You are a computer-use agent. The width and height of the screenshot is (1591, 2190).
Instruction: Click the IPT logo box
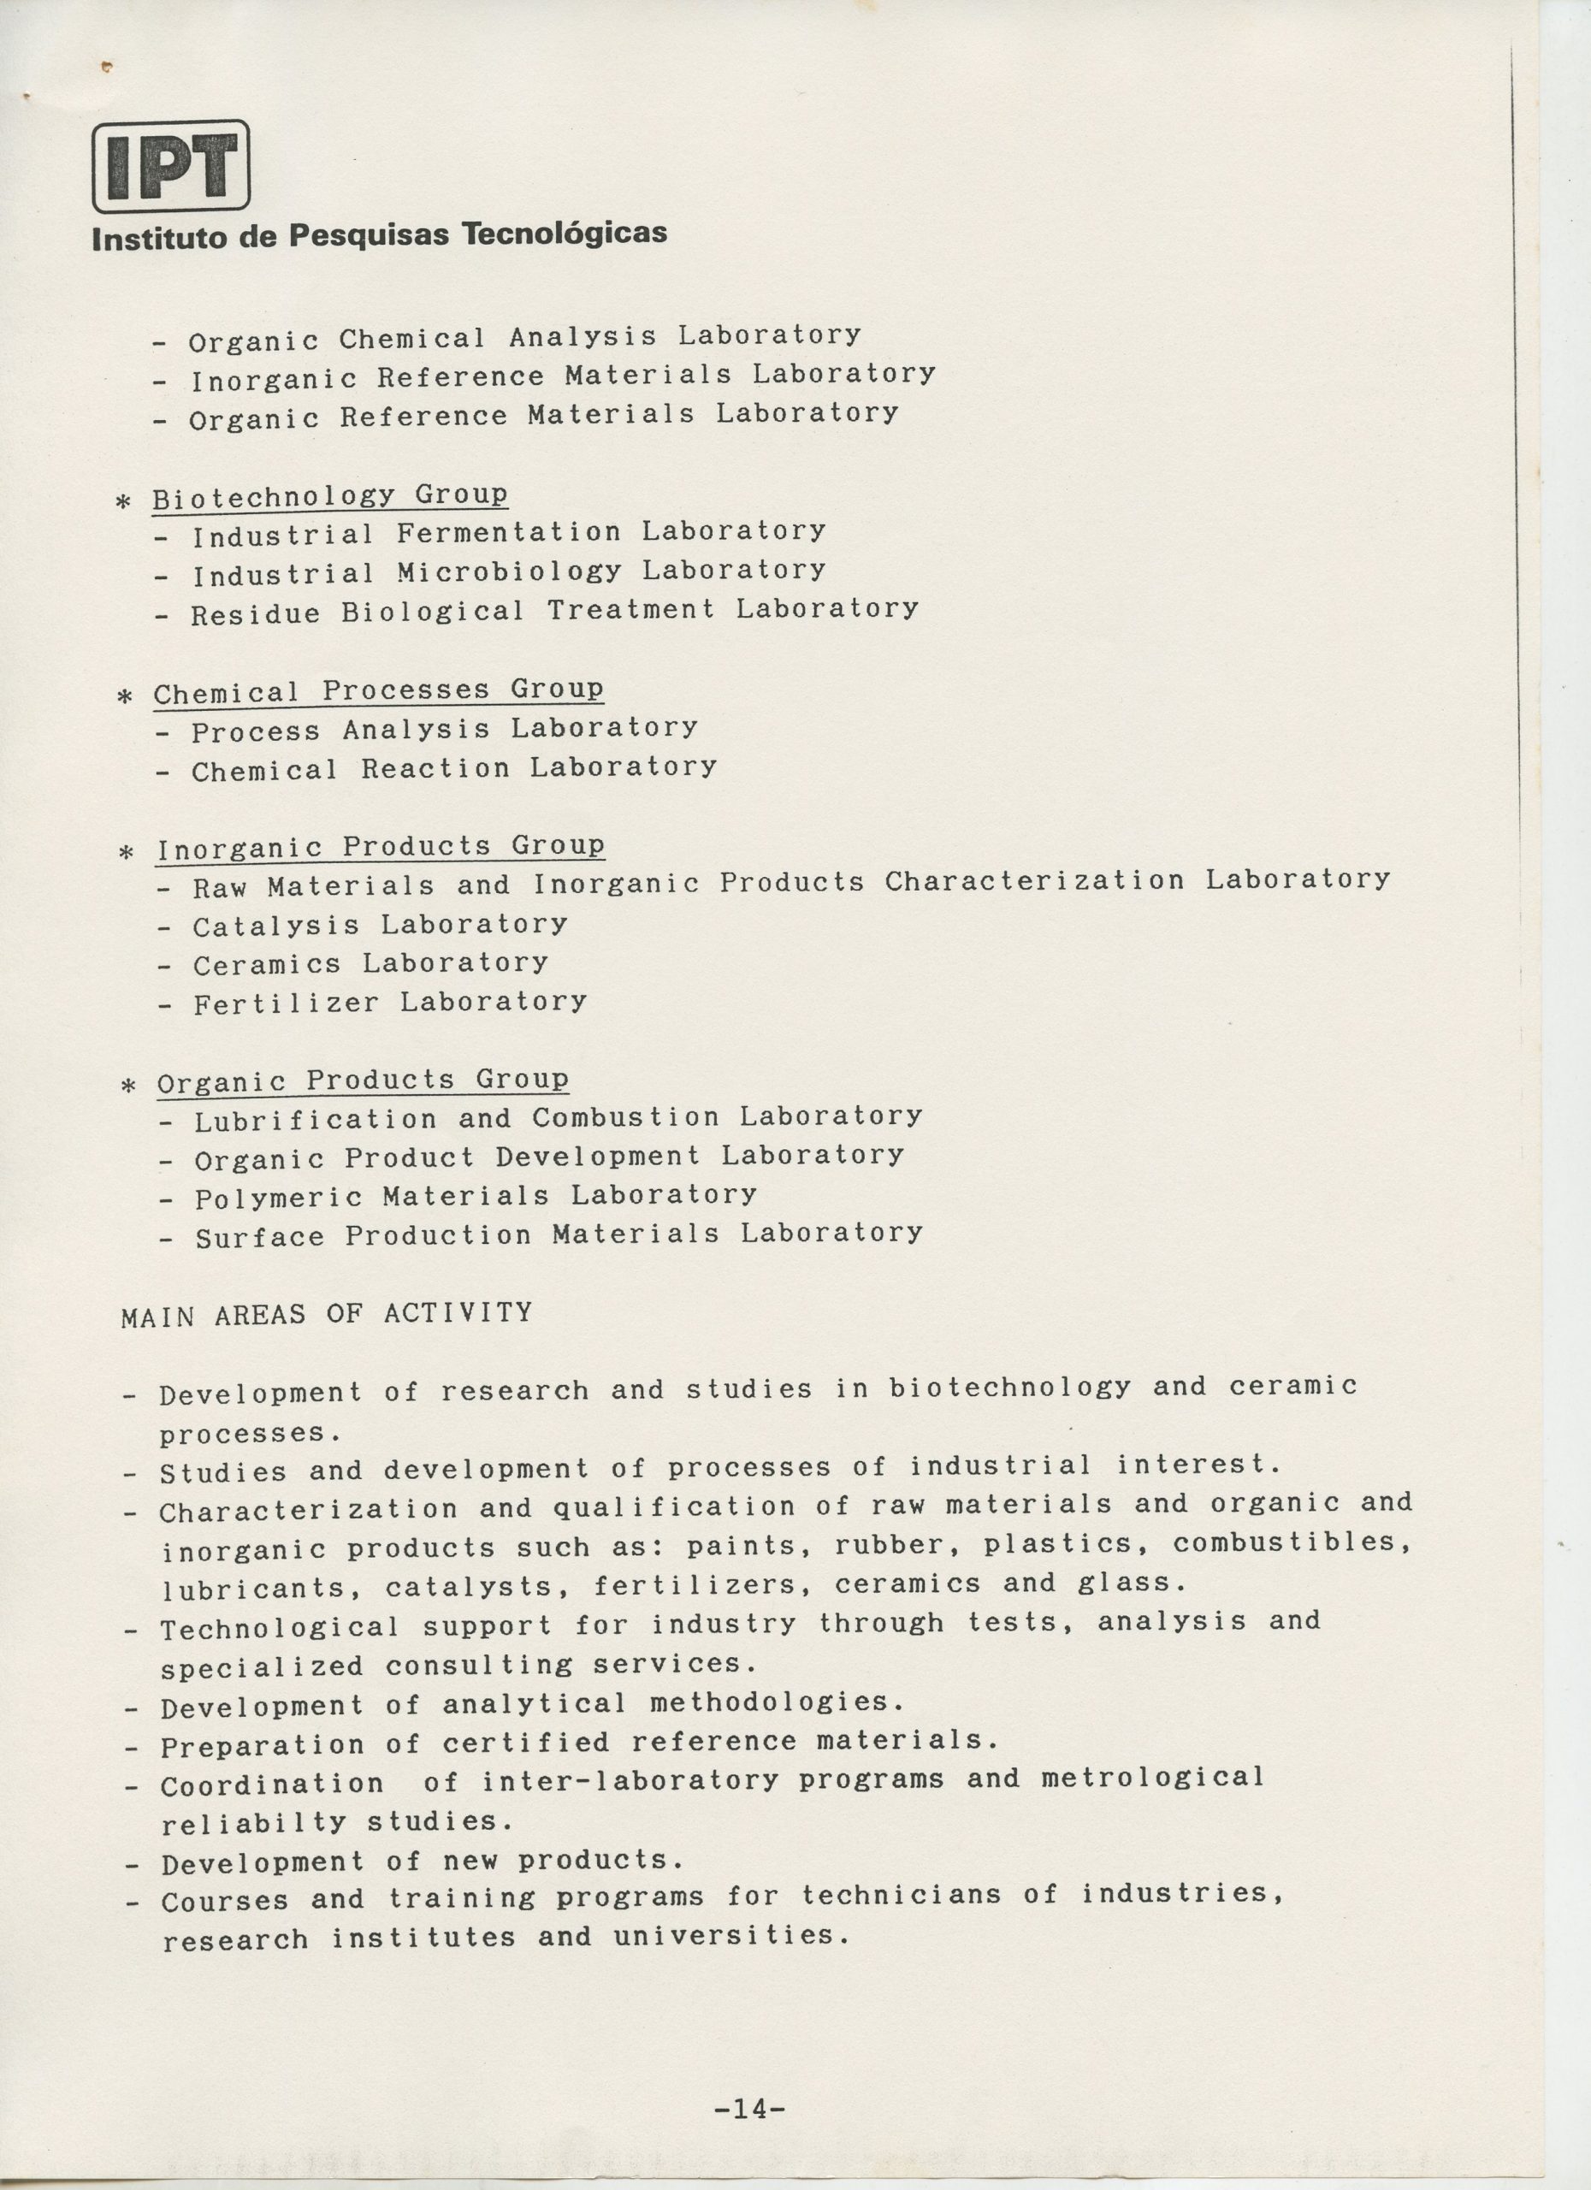(x=171, y=166)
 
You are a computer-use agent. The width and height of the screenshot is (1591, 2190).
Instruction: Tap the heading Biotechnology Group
(x=330, y=496)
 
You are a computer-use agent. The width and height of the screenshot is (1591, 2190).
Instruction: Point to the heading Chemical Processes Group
(x=378, y=691)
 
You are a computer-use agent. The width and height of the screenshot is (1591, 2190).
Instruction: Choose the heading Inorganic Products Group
(x=381, y=848)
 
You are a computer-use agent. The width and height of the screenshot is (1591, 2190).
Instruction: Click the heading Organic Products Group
(x=363, y=1081)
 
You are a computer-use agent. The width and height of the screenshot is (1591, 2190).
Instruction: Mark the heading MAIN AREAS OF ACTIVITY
(x=326, y=1314)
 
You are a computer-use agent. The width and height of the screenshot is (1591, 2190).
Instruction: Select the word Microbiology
(x=509, y=571)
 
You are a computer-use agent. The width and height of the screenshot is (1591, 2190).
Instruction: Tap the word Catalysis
(x=276, y=926)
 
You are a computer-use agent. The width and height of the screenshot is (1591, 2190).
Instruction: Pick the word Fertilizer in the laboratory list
(x=286, y=1004)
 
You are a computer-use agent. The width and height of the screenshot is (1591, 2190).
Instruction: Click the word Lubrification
(x=315, y=1120)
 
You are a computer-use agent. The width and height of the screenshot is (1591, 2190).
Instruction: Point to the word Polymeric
(x=278, y=1199)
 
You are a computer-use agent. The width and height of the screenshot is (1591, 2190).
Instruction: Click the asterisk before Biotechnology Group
(x=123, y=502)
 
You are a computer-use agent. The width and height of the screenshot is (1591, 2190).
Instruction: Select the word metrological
(x=1153, y=1778)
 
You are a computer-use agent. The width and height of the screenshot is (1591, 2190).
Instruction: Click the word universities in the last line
(x=732, y=1936)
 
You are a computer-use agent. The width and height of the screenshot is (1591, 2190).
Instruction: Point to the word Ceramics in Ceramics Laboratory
(x=267, y=965)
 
